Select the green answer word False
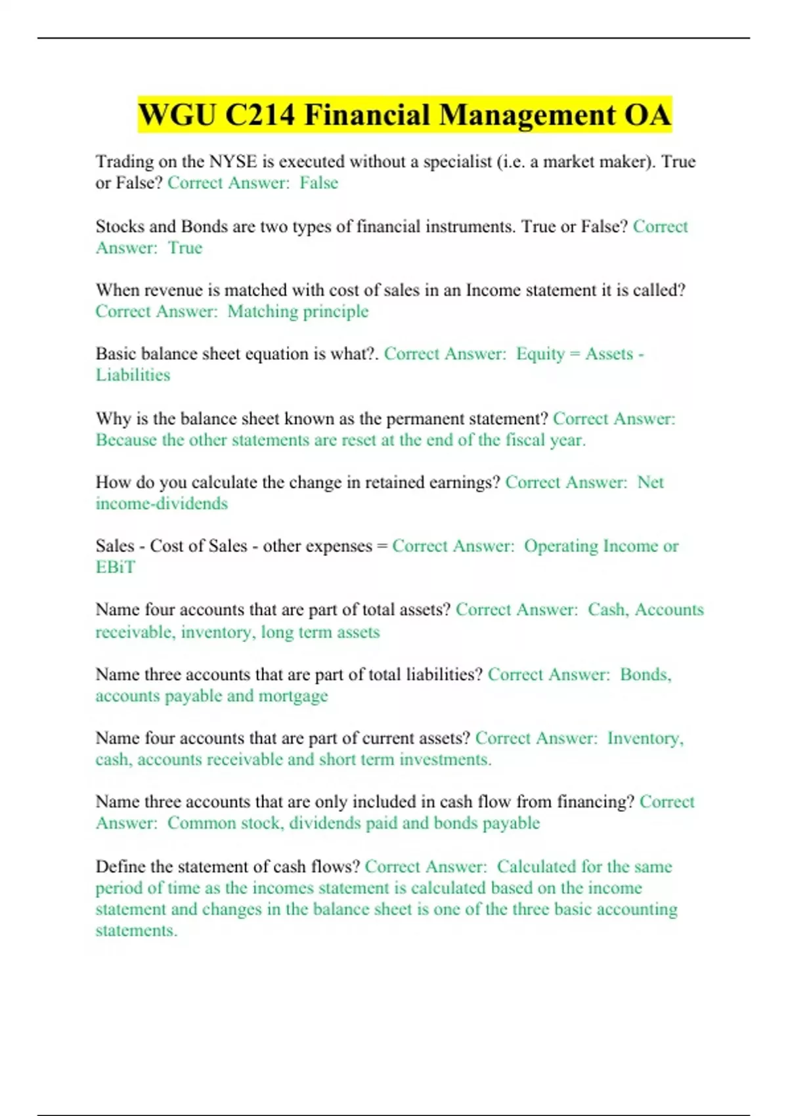click(x=318, y=182)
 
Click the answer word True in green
click(x=185, y=247)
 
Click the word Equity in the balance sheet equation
click(x=540, y=354)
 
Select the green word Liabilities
click(x=133, y=375)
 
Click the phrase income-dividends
click(x=162, y=504)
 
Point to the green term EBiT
click(x=115, y=567)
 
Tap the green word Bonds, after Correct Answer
click(x=646, y=675)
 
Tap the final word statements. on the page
click(x=137, y=930)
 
